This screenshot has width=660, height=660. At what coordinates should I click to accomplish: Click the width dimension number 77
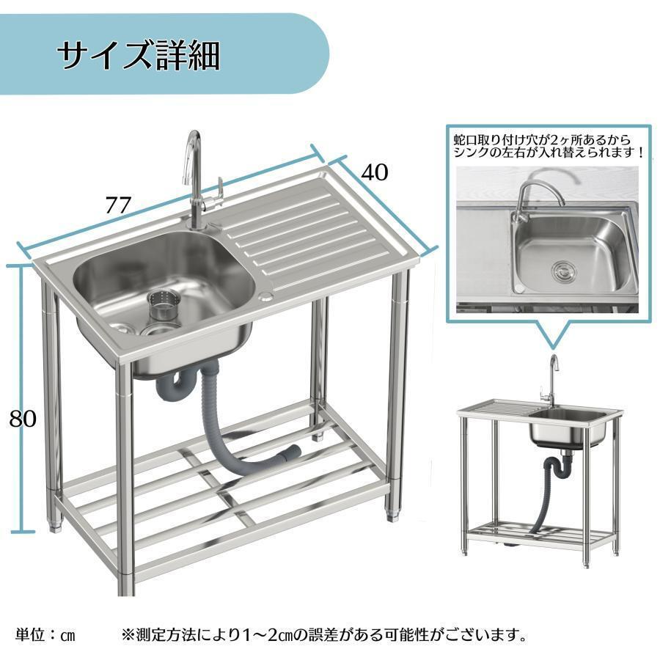tap(118, 205)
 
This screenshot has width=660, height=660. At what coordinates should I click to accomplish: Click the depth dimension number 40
tap(375, 172)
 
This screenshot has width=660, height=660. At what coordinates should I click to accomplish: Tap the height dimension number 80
tap(23, 419)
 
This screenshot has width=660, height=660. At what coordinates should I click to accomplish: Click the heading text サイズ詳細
tap(139, 56)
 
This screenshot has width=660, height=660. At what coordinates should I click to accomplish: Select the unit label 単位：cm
tap(45, 635)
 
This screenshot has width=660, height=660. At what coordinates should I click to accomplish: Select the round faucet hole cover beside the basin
tap(266, 296)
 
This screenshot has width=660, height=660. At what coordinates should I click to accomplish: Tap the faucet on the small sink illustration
tap(549, 380)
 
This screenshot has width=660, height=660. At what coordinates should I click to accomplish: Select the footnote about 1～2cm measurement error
tap(323, 635)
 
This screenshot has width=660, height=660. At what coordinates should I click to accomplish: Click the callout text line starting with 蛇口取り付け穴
tap(542, 139)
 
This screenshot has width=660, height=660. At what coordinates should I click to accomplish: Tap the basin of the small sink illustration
tap(568, 428)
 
